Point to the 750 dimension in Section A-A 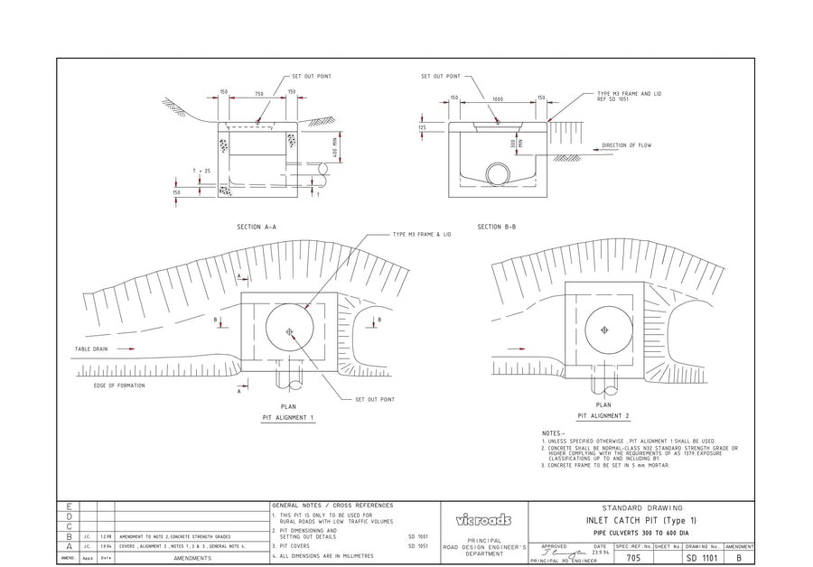[258, 94]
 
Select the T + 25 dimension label [201, 171]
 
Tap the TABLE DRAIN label [91, 348]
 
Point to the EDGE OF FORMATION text [119, 386]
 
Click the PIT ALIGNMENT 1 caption [287, 419]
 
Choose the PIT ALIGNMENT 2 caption [603, 416]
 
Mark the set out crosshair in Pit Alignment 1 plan [289, 331]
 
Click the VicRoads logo [483, 520]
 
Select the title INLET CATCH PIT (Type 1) [641, 521]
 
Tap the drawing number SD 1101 [702, 559]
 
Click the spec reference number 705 [632, 559]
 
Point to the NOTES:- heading [554, 433]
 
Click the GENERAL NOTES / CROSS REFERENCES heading [332, 505]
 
